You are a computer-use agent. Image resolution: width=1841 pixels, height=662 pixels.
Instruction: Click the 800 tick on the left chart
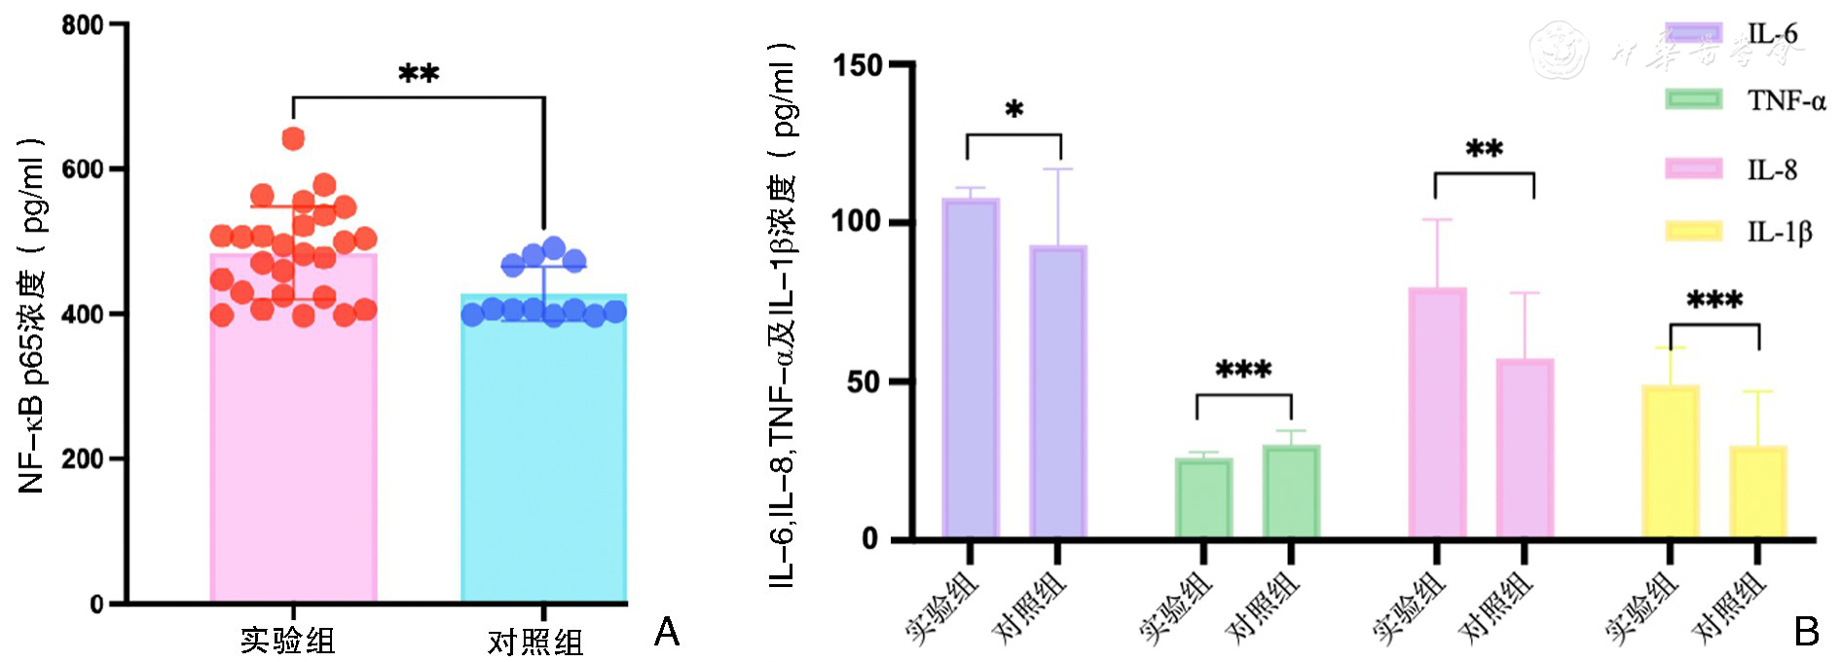pos(84,25)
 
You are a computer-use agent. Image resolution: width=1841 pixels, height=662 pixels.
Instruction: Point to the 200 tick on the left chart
pos(84,459)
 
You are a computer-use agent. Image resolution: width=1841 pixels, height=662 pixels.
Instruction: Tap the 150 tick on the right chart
pos(858,65)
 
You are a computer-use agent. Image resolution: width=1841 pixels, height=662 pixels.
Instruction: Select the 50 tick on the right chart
pos(864,382)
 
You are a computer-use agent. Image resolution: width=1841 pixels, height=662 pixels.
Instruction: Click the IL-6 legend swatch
pos(1694,33)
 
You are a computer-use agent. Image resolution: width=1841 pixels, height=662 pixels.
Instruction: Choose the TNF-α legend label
pos(1786,100)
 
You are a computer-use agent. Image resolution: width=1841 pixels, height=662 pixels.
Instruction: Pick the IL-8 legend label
pos(1772,170)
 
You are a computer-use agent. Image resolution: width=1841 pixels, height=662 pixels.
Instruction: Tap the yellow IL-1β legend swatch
pos(1694,232)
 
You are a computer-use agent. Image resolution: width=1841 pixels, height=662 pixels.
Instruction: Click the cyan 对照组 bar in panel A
pos(543,458)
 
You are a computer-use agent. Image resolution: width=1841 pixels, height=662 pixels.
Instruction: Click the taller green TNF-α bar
pos(1291,492)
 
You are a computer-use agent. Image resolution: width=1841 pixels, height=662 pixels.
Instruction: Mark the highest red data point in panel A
pos(293,139)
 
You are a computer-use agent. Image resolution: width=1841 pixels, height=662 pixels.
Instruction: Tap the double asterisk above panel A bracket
pos(419,74)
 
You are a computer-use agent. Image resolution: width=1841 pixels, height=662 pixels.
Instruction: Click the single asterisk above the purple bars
pos(1014,109)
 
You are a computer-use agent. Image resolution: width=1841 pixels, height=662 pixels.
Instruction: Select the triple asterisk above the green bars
pos(1243,370)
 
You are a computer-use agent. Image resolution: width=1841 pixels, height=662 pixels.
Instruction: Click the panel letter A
pos(667,633)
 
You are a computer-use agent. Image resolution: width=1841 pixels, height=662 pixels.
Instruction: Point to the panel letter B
pos(1806,633)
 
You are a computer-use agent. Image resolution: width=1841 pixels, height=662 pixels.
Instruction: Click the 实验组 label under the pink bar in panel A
pos(288,641)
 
